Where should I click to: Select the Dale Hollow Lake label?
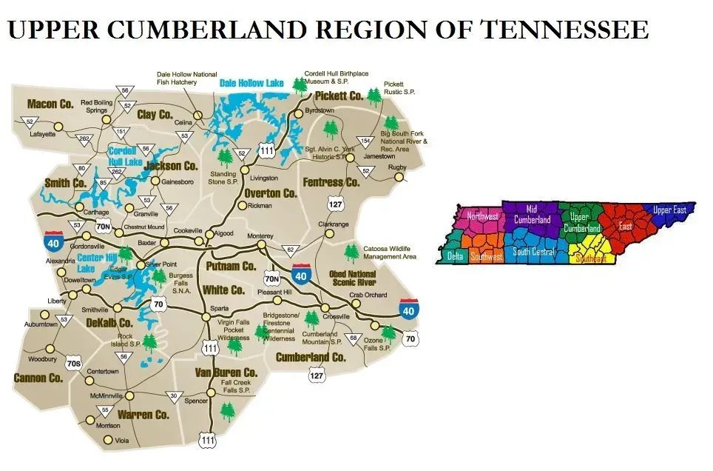251,84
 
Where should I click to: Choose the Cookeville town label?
187,230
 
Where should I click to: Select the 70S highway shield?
73,363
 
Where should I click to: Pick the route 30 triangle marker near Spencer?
175,395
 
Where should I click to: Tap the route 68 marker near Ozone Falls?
354,339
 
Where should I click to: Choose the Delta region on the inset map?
454,255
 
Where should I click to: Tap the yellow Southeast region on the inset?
591,258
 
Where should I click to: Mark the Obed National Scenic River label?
352,278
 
